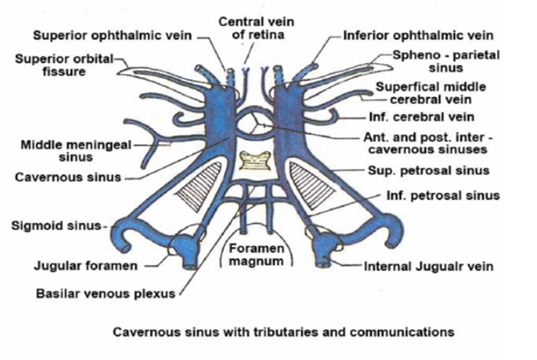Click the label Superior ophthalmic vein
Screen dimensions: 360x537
coord(112,35)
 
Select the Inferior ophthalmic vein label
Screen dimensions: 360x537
coord(418,35)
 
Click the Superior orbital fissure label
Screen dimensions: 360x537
coord(62,65)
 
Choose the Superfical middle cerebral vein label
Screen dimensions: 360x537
coord(430,93)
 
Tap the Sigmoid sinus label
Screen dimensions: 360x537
coord(58,226)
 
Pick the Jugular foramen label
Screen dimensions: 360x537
coord(86,266)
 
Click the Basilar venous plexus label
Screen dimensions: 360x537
coord(105,294)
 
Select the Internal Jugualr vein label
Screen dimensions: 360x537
coord(429,266)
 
